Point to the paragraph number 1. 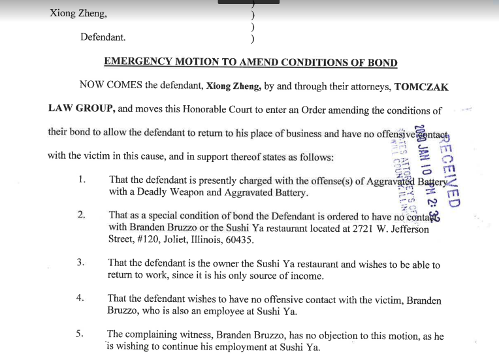pyautogui.click(x=82, y=180)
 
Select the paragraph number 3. pyautogui.click(x=81, y=263)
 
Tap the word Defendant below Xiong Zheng pyautogui.click(x=103, y=37)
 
